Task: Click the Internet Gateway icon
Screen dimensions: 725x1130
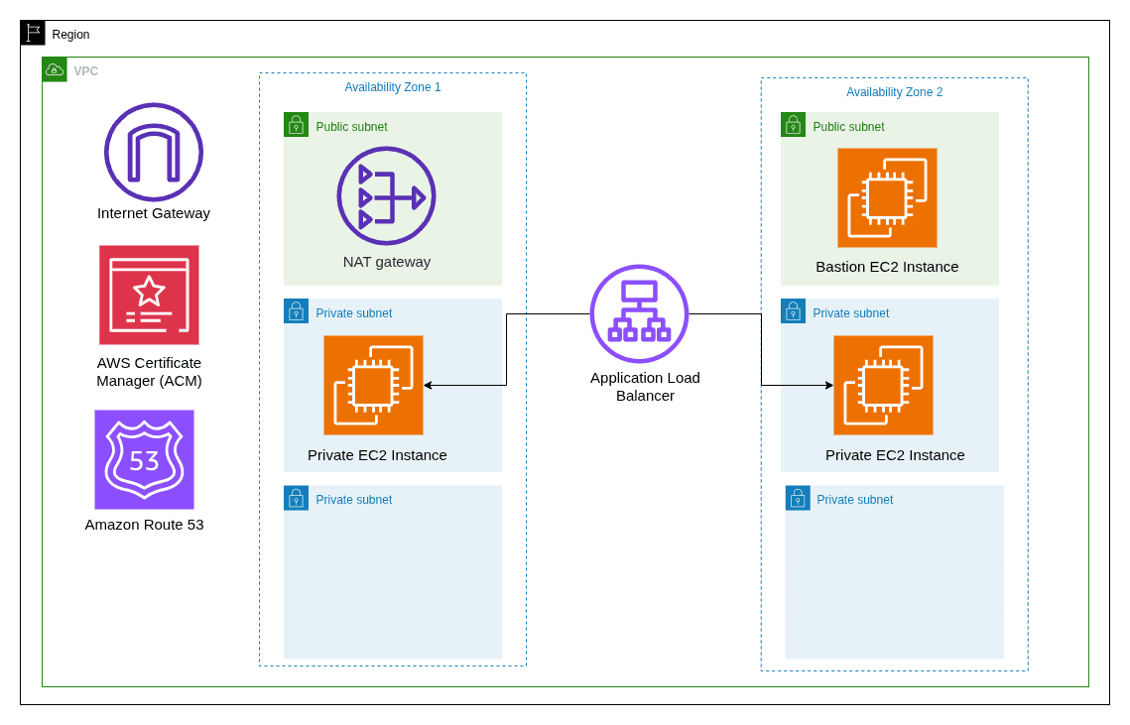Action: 154,152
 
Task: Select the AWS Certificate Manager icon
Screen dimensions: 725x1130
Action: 149,295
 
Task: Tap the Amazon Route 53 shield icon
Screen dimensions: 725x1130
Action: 144,459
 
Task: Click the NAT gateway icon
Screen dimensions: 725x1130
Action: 386,196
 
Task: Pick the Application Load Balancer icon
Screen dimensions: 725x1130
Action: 639,313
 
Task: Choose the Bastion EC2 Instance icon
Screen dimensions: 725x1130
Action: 887,197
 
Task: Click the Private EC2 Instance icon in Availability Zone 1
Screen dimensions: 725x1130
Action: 373,385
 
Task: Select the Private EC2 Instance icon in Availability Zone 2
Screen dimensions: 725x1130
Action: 883,385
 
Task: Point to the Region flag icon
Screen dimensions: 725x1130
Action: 33,33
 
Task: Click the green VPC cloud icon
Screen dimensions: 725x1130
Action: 55,69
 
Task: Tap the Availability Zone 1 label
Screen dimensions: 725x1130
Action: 393,87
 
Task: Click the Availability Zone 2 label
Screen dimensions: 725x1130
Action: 894,92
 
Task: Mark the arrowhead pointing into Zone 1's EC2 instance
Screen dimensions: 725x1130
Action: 428,385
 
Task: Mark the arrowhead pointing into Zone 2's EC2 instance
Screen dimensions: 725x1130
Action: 828,385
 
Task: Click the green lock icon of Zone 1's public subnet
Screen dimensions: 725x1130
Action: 296,125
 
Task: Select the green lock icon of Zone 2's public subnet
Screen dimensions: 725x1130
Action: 793,125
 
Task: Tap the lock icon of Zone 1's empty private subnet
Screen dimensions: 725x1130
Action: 296,498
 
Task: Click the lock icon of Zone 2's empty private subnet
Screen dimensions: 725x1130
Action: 798,498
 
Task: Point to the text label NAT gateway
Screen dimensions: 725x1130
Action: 387,262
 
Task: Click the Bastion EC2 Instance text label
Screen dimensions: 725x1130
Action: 887,267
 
